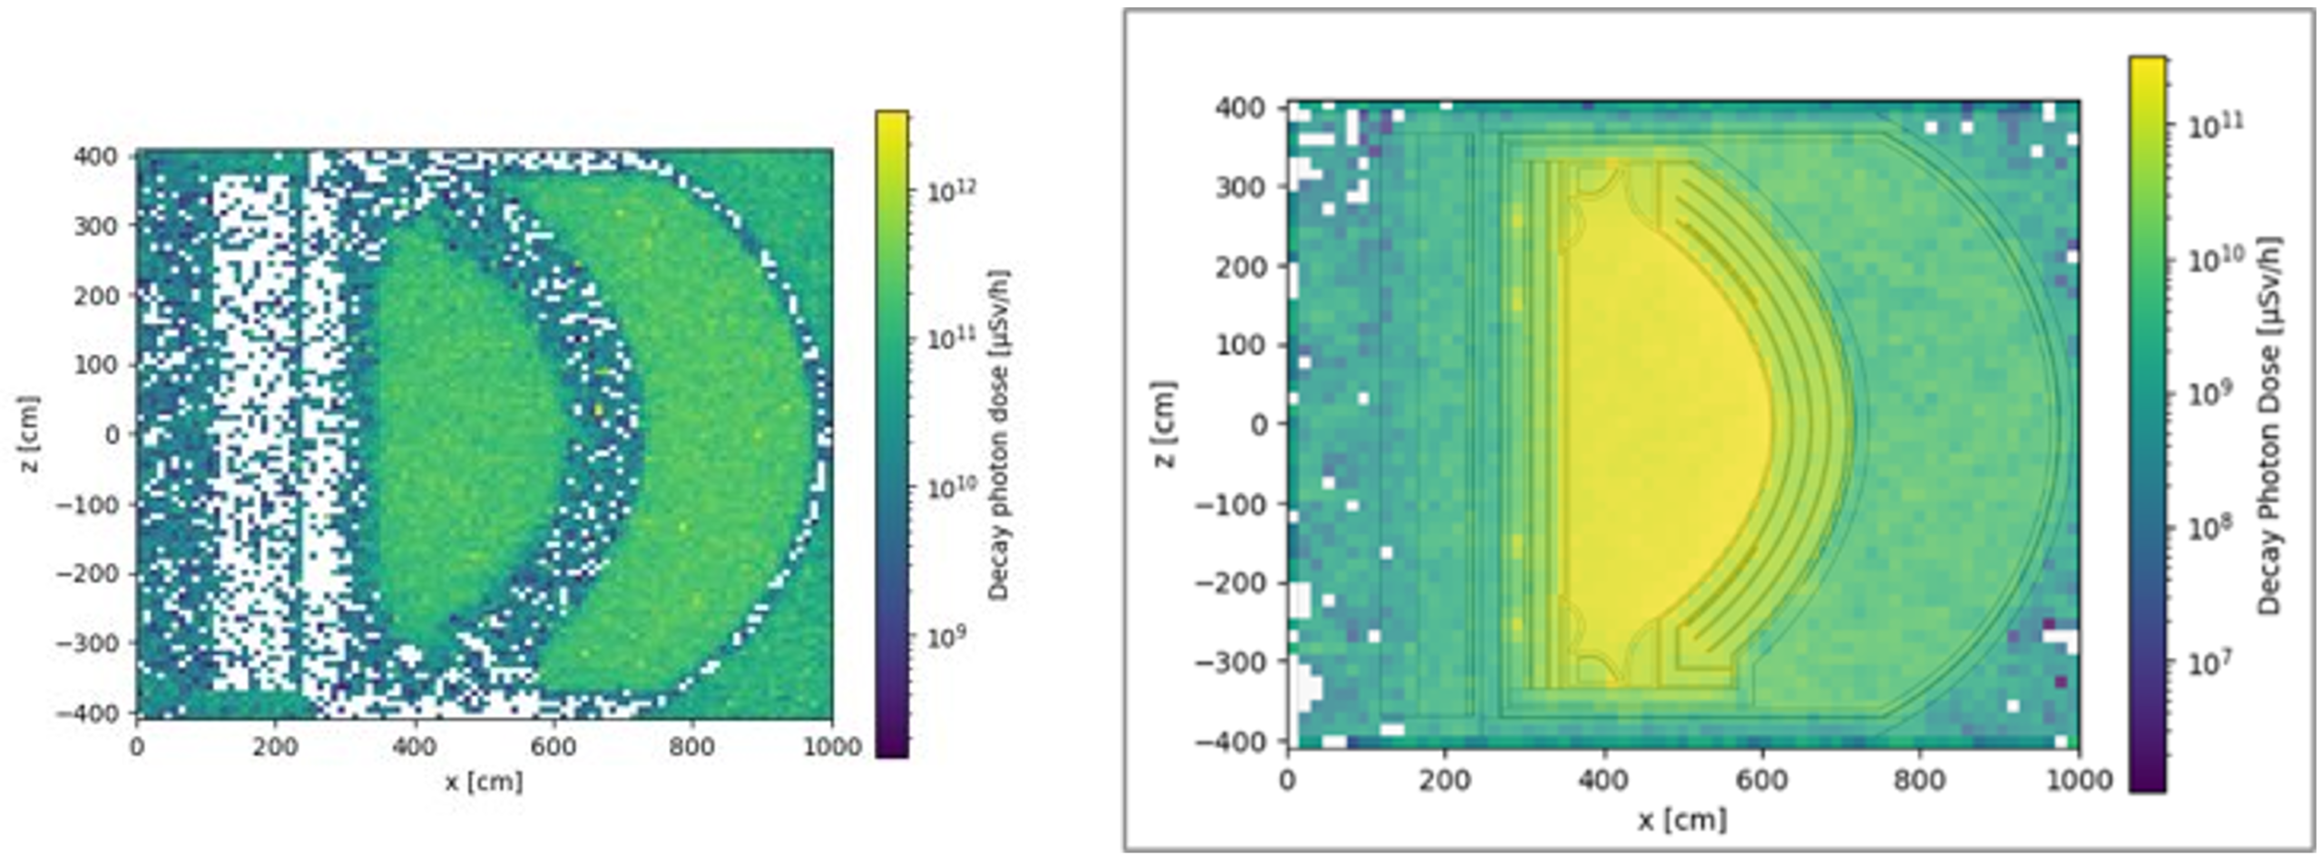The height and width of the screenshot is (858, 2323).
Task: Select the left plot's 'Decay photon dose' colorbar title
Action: tap(998, 435)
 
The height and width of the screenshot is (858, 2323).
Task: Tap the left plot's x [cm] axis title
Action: tap(484, 781)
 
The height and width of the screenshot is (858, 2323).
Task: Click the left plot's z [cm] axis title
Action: tap(30, 434)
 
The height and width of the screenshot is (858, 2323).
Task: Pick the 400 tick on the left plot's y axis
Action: tap(96, 156)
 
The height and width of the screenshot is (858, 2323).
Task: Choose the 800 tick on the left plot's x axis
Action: tap(692, 746)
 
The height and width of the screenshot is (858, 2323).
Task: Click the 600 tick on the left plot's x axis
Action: tap(554, 746)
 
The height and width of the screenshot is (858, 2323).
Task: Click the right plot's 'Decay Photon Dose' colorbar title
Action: tap(2268, 426)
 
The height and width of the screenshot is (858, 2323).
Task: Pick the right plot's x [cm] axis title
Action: tap(1681, 820)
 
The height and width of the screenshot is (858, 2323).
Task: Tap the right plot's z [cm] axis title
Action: tap(1164, 424)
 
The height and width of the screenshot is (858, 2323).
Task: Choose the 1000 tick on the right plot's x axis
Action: tap(2078, 780)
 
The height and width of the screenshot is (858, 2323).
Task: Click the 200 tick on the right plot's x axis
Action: tap(1445, 780)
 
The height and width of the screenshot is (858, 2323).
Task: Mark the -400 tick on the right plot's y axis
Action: tap(1230, 741)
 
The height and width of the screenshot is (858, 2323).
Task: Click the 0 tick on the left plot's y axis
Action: tap(112, 434)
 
